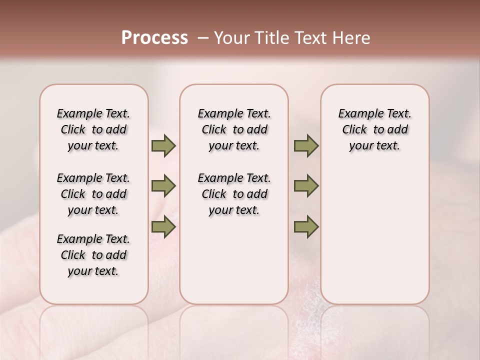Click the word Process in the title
(154, 38)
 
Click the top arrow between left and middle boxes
(163, 146)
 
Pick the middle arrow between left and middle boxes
(163, 186)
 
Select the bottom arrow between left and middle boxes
(163, 227)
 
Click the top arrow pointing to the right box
(306, 146)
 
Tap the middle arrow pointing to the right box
(306, 186)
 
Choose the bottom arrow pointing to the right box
(306, 227)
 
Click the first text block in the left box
(93, 129)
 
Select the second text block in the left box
(93, 194)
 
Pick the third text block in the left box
(93, 255)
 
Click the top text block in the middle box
(234, 129)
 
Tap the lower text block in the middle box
(234, 194)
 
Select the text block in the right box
(374, 129)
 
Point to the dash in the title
(202, 38)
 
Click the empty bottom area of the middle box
(234, 265)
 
